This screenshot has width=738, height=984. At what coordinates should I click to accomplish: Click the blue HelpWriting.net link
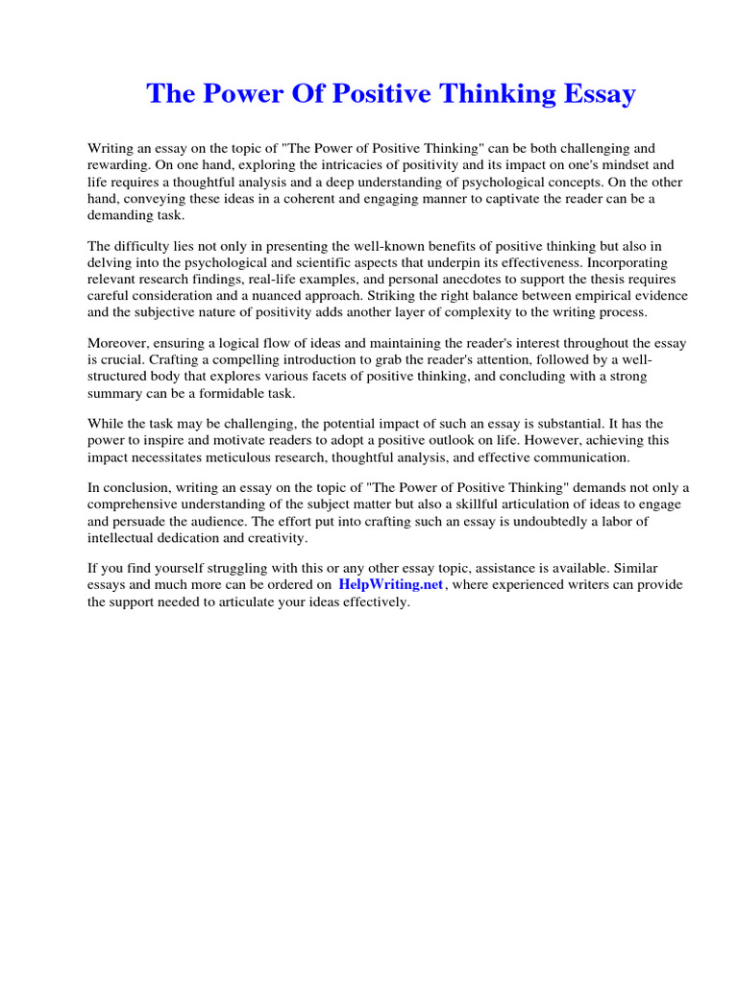point(391,585)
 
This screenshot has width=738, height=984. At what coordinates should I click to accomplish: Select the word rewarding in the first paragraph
point(118,166)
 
